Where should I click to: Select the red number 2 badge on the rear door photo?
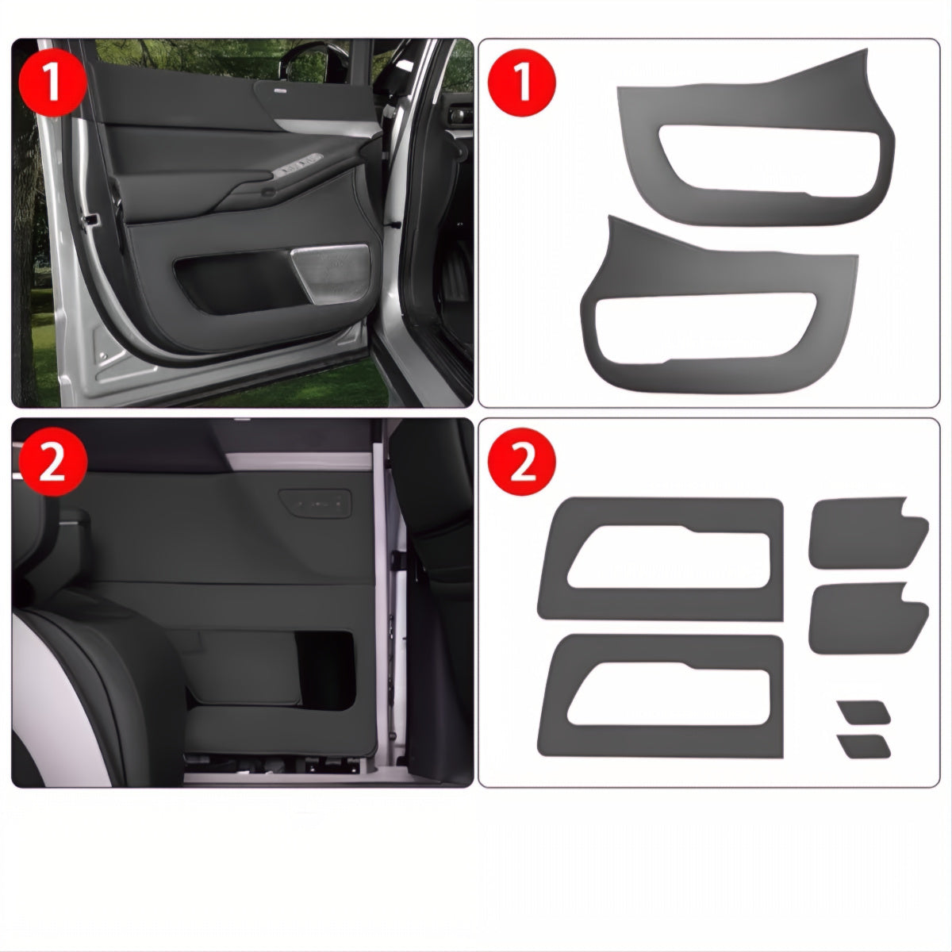(x=52, y=464)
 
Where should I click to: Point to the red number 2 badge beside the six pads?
(x=523, y=464)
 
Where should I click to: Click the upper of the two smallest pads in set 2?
(x=864, y=712)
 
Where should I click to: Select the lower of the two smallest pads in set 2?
(x=864, y=746)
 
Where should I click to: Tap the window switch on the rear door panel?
(x=315, y=502)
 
